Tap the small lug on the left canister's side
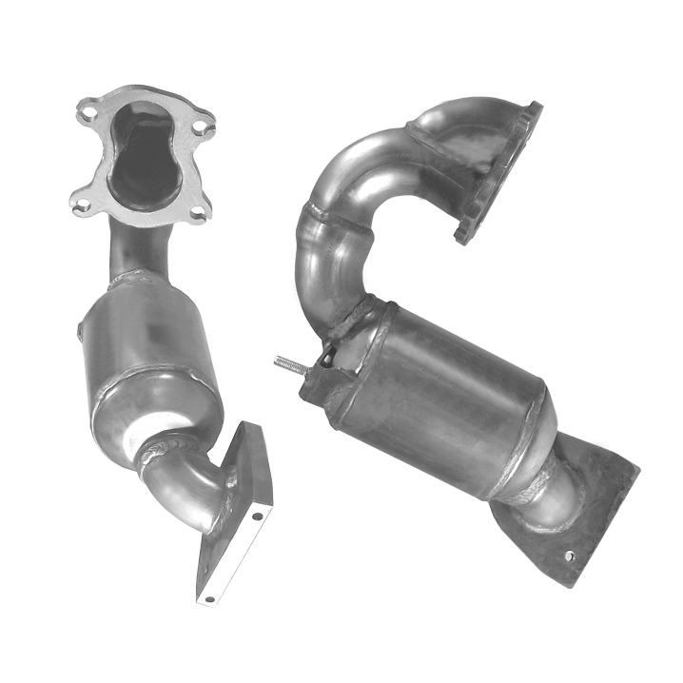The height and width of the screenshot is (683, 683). pos(81,330)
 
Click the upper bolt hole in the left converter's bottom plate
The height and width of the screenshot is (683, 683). pos(256,517)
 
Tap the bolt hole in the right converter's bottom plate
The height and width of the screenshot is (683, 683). pos(568,556)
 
